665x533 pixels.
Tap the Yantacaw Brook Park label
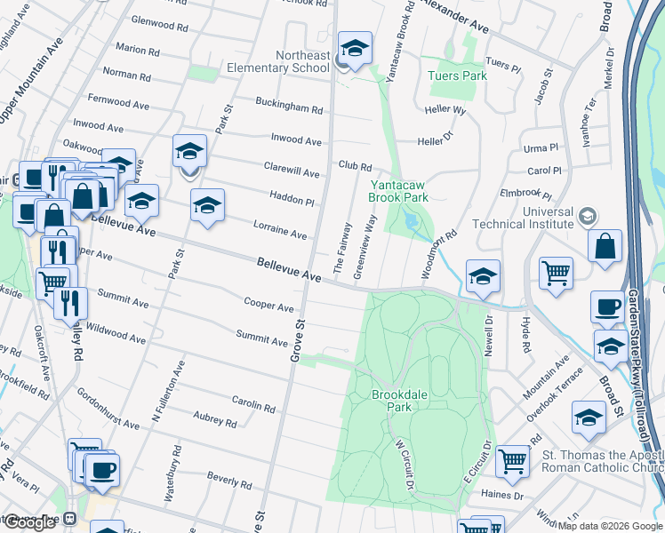[x=399, y=191]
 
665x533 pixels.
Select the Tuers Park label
[x=458, y=76]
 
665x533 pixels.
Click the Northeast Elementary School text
[x=290, y=60]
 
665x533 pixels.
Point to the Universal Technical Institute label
[x=523, y=218]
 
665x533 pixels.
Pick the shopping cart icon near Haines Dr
[x=512, y=460]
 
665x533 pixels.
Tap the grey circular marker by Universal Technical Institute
[x=586, y=215]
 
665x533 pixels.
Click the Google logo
[x=29, y=522]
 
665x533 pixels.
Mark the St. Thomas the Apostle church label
[x=603, y=462]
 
